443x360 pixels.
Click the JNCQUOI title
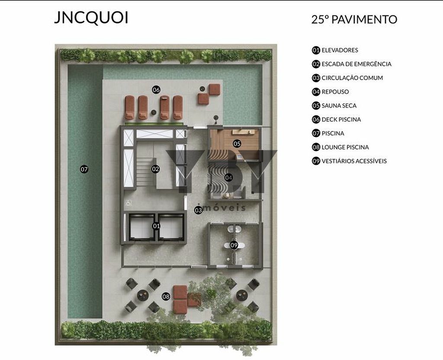(x=91, y=17)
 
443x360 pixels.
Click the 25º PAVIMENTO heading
(x=354, y=19)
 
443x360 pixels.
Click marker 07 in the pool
(x=84, y=169)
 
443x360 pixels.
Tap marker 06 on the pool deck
(x=156, y=90)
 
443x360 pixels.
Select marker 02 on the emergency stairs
(x=156, y=169)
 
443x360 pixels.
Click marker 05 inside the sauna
(x=237, y=143)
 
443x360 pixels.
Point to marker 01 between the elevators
(x=156, y=226)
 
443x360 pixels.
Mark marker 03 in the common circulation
(x=198, y=210)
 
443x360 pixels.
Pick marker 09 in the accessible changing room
(x=234, y=245)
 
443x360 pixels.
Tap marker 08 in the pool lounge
(x=166, y=296)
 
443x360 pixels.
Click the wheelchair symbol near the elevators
(x=128, y=203)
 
